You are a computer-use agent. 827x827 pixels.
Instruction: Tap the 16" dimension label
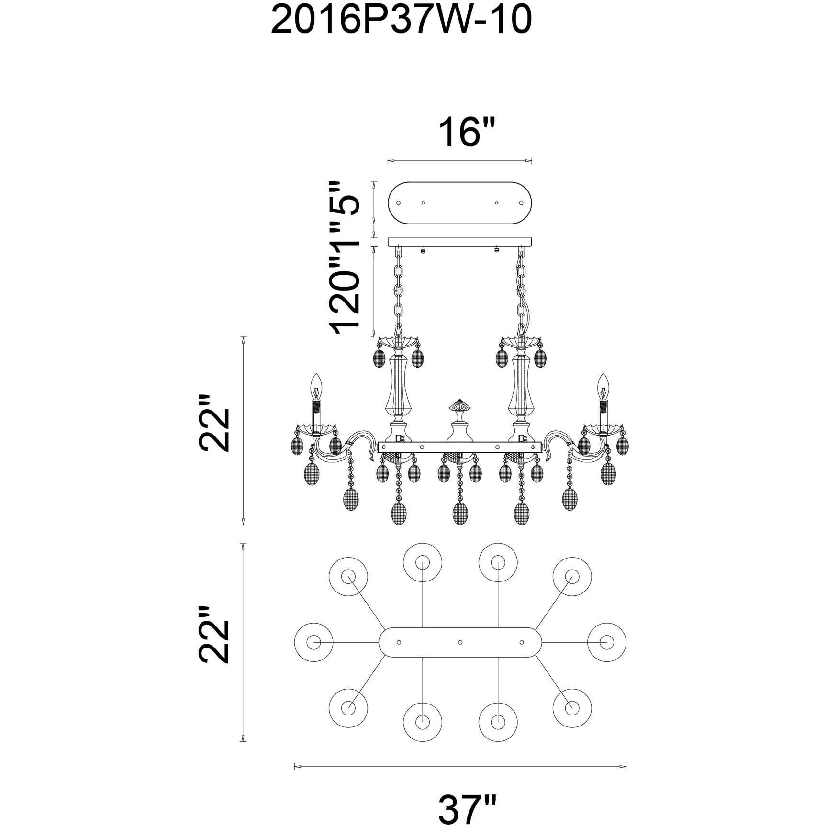[x=459, y=134]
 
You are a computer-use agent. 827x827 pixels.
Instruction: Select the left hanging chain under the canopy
[x=398, y=292]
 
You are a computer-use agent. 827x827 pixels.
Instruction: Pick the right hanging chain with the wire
[x=521, y=292]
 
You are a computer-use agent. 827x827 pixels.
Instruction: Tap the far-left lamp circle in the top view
[x=313, y=642]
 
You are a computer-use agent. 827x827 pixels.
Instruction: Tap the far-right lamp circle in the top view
[x=606, y=642]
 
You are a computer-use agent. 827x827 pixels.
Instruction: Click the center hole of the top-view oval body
[x=459, y=642]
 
